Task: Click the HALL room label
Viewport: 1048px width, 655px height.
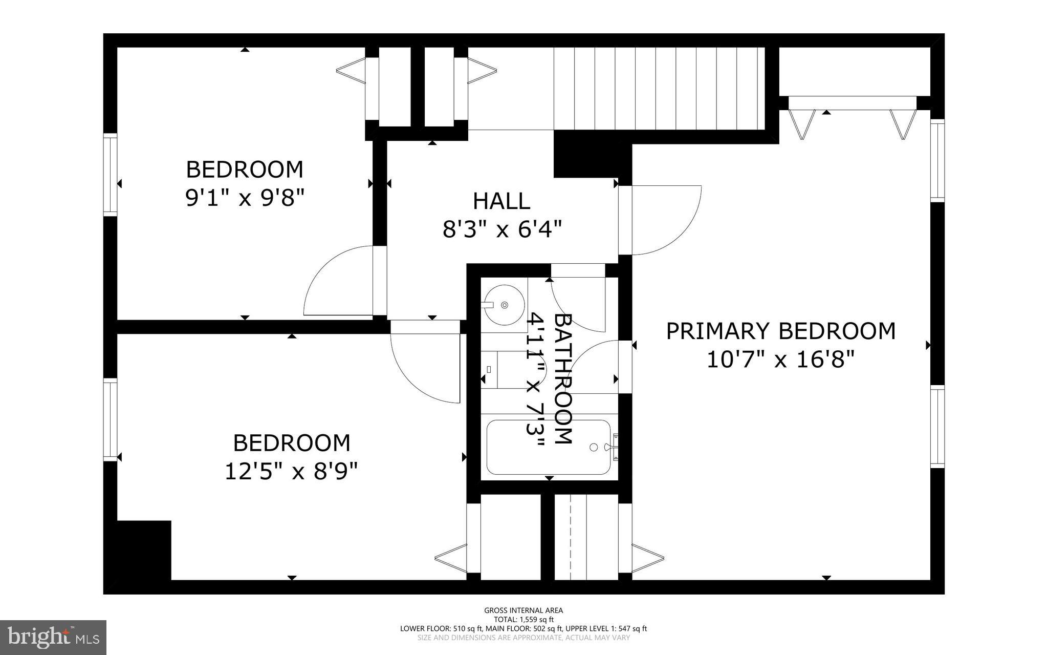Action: click(501, 201)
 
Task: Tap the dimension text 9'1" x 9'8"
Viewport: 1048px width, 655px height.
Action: click(245, 198)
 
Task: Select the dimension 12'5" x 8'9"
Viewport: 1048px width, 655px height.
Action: click(291, 471)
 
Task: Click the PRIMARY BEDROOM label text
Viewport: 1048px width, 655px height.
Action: click(780, 331)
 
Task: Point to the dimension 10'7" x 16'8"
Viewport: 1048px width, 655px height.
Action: click(780, 360)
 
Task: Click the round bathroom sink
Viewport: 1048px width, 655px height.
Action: click(504, 305)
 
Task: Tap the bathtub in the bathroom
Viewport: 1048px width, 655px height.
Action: click(548, 447)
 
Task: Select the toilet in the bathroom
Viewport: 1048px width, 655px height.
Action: click(499, 370)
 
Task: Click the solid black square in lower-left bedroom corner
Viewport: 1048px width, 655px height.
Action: click(144, 550)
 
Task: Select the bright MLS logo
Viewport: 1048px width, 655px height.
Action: click(53, 637)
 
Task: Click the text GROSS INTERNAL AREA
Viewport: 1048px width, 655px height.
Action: click(523, 610)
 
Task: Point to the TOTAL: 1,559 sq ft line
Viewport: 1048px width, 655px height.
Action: click(523, 619)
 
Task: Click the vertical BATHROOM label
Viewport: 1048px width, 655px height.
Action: click(563, 379)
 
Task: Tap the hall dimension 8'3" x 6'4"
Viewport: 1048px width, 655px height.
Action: click(502, 229)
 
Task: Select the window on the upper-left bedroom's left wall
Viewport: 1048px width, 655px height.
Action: click(110, 174)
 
